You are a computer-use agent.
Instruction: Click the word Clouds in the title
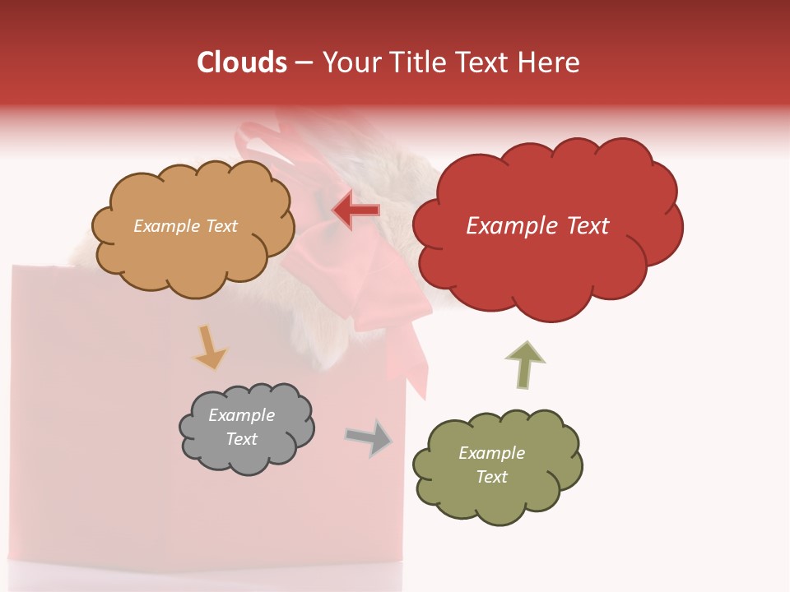(x=242, y=62)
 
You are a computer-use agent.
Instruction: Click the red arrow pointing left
(x=356, y=210)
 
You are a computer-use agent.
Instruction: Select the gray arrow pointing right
(x=369, y=438)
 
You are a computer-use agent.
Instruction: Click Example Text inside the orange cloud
(x=185, y=226)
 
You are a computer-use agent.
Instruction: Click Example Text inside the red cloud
(x=537, y=226)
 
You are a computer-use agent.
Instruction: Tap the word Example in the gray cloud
(x=241, y=415)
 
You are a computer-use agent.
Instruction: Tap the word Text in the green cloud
(x=491, y=477)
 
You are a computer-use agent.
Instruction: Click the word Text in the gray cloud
(x=241, y=439)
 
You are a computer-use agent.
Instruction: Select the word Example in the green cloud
(x=491, y=453)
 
